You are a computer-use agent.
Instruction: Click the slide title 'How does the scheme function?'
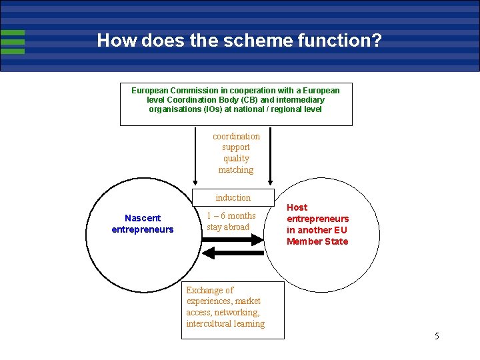pos(239,41)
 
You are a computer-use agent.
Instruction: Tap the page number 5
pos(437,336)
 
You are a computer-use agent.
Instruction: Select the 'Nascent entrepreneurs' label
pos(142,224)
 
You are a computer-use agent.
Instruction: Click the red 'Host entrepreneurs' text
pos(317,213)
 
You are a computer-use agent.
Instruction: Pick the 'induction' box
pos(233,197)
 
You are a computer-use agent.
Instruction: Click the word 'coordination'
pos(236,136)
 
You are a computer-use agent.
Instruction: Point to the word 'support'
pos(236,147)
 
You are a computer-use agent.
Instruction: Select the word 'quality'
pos(236,159)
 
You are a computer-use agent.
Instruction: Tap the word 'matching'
pos(236,170)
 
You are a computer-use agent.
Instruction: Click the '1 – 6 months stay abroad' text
pos(231,221)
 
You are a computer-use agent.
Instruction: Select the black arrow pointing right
pos(233,240)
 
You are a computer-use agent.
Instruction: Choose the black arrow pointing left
pos(233,253)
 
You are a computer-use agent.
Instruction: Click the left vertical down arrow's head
pos(195,181)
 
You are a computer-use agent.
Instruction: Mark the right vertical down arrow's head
pos(270,181)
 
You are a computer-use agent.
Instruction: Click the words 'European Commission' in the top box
pos(172,90)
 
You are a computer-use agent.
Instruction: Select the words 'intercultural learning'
pos(225,324)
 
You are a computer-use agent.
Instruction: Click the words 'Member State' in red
pos(317,241)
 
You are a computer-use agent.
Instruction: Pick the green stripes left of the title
pos(13,41)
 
